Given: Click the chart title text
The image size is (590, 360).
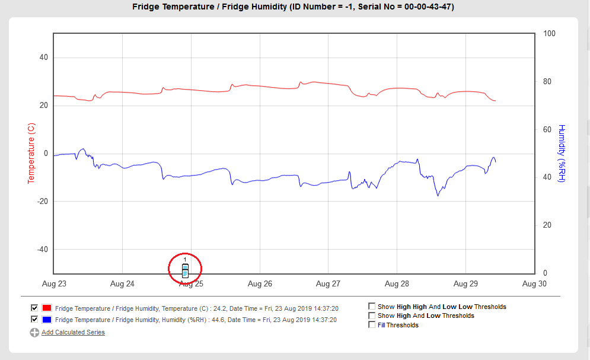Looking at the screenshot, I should pyautogui.click(x=295, y=7).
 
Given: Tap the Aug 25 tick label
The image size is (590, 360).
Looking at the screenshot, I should pyautogui.click(x=191, y=284).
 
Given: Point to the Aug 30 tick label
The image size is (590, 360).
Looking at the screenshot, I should pyautogui.click(x=534, y=284).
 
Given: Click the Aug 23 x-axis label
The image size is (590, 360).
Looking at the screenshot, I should pyautogui.click(x=54, y=284).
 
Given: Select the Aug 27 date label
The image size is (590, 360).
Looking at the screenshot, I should pyautogui.click(x=328, y=284).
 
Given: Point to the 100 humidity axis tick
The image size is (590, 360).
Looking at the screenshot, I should pyautogui.click(x=550, y=34).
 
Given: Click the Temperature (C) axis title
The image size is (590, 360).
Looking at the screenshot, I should pyautogui.click(x=31, y=153).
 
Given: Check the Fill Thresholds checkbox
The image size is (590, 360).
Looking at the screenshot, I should pyautogui.click(x=372, y=324).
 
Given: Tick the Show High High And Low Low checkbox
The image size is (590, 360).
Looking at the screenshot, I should pyautogui.click(x=372, y=307).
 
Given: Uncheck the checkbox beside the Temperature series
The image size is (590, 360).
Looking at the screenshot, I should pyautogui.click(x=34, y=308).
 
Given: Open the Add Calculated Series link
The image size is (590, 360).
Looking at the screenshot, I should pyautogui.click(x=73, y=332).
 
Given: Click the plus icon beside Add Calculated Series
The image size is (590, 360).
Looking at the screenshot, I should pyautogui.click(x=34, y=333).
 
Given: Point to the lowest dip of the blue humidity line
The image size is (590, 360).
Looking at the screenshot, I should pyautogui.click(x=438, y=195).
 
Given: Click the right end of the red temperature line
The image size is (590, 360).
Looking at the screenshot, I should pyautogui.click(x=495, y=101).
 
